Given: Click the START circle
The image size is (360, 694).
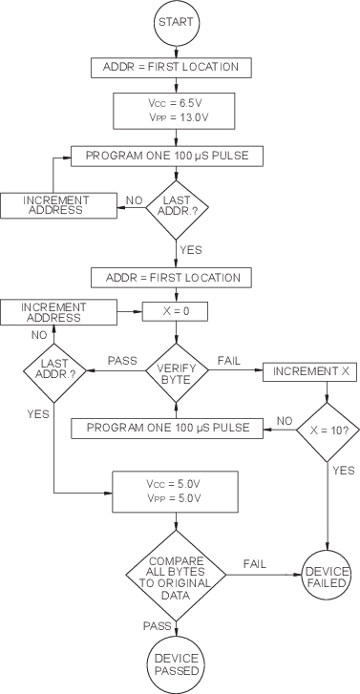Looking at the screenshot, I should (178, 21).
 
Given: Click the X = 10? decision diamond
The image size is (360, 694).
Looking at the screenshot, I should (328, 427).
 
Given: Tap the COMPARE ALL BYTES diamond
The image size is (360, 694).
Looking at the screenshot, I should (178, 576).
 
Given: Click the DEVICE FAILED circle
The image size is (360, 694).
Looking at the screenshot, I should (328, 576).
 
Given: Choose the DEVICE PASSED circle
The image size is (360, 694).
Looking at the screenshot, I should (178, 664).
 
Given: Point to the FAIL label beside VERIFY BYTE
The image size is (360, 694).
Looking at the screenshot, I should (227, 361).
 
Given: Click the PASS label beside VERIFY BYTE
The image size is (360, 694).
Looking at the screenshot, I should (122, 361).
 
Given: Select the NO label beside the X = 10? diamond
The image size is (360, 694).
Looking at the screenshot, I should (284, 419).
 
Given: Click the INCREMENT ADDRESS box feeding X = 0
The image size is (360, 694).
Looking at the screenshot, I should (55, 310).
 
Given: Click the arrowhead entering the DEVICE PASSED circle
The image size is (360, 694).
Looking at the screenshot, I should (178, 637).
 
